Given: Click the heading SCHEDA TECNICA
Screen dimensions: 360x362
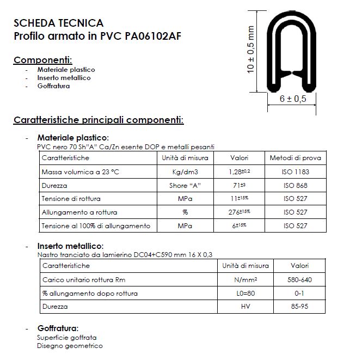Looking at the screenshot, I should click(x=58, y=23).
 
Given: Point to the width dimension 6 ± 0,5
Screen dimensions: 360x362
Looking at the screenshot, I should click(x=293, y=99).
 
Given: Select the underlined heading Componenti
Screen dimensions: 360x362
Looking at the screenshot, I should click(x=42, y=59).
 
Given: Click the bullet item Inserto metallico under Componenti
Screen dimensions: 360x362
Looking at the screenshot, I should click(x=64, y=78).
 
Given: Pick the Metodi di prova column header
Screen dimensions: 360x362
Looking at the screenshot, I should click(x=296, y=158).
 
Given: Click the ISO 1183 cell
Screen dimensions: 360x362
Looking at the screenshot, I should click(x=296, y=172).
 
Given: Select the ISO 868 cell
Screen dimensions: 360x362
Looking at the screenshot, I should click(x=296, y=185).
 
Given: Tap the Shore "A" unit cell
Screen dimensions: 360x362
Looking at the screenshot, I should click(x=185, y=185).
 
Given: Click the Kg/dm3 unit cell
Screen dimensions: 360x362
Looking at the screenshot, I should click(x=185, y=172).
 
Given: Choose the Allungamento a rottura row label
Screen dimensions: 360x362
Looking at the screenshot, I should click(x=79, y=212).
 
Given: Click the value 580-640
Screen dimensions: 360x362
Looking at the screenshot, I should click(x=299, y=279).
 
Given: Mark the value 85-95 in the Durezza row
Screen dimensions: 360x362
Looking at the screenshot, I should click(x=299, y=307).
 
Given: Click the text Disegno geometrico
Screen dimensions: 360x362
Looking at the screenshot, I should click(x=70, y=345).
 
